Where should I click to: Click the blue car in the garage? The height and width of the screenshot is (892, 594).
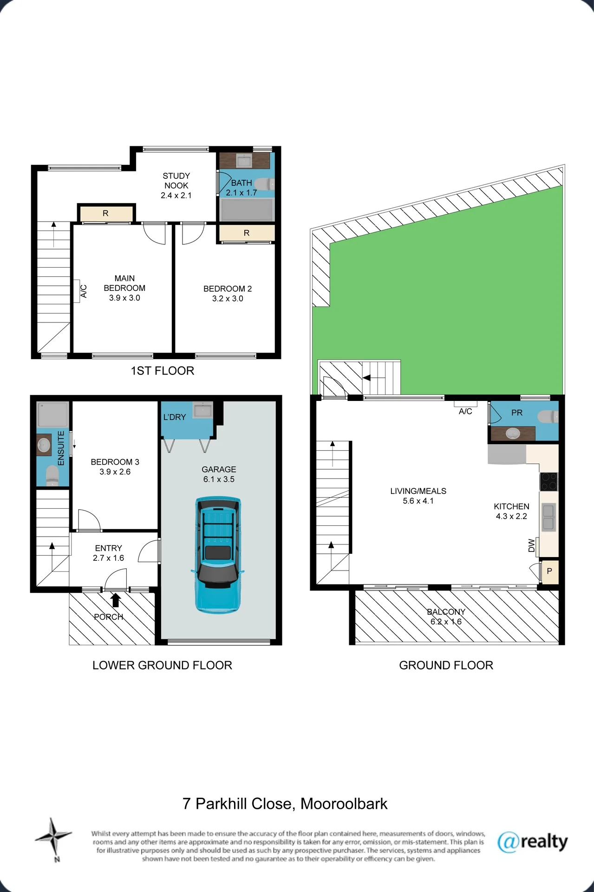pyautogui.click(x=218, y=554)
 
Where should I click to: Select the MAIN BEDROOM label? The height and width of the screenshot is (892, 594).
pyautogui.click(x=124, y=283)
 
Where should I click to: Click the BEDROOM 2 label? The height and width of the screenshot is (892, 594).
pyautogui.click(x=228, y=289)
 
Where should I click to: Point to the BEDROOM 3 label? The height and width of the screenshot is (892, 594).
pyautogui.click(x=115, y=462)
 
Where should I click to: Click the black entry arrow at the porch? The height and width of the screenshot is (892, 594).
pyautogui.click(x=115, y=600)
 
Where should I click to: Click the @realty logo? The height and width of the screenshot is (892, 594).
pyautogui.click(x=532, y=842)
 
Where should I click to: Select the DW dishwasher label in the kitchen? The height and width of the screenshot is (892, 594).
pyautogui.click(x=532, y=545)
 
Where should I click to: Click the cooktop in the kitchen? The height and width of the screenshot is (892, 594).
pyautogui.click(x=548, y=481)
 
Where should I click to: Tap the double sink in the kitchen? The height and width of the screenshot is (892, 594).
pyautogui.click(x=548, y=517)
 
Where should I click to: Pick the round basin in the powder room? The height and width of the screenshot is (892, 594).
pyautogui.click(x=512, y=433)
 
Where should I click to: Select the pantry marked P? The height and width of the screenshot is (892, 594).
pyautogui.click(x=549, y=571)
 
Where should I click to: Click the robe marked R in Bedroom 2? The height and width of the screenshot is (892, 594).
pyautogui.click(x=247, y=233)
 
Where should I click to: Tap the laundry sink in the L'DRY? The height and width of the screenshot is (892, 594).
pyautogui.click(x=202, y=411)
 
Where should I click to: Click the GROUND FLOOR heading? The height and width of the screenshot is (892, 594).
pyautogui.click(x=446, y=665)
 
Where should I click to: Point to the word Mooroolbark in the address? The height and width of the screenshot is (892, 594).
pyautogui.click(x=344, y=804)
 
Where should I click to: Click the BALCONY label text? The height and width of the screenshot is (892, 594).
pyautogui.click(x=446, y=612)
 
